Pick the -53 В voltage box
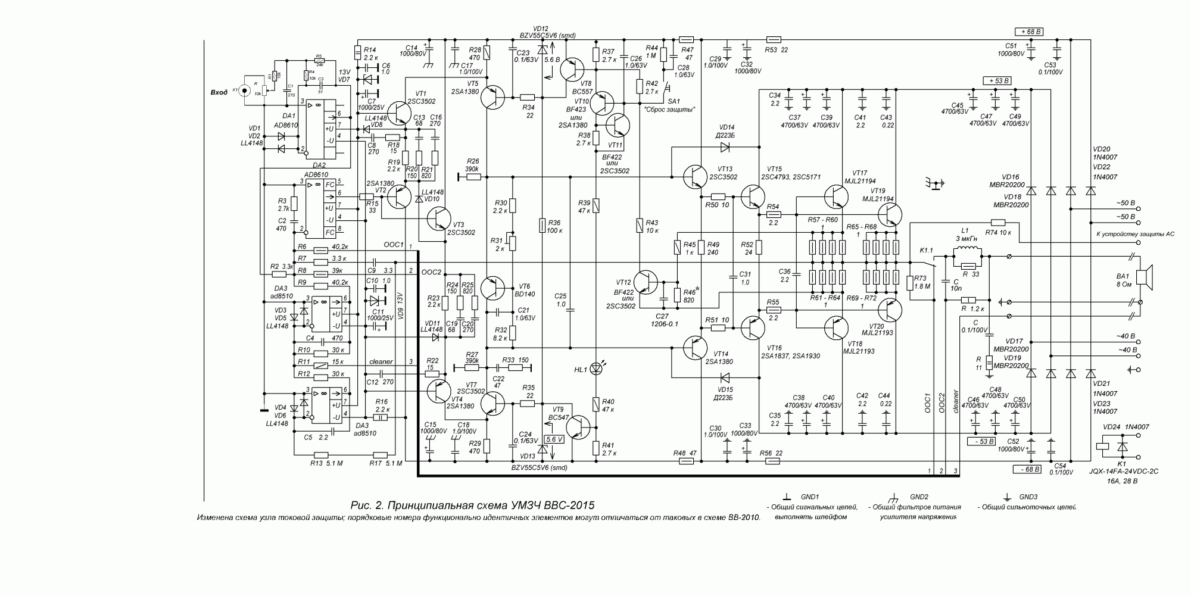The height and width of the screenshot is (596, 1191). (x=981, y=441)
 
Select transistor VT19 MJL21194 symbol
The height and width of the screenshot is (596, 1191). (x=891, y=215)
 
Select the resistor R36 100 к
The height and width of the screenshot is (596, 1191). (x=542, y=225)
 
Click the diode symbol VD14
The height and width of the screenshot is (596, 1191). (x=725, y=146)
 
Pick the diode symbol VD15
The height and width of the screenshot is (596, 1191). (x=725, y=377)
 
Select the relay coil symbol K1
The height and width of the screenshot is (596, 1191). (x=1103, y=447)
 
